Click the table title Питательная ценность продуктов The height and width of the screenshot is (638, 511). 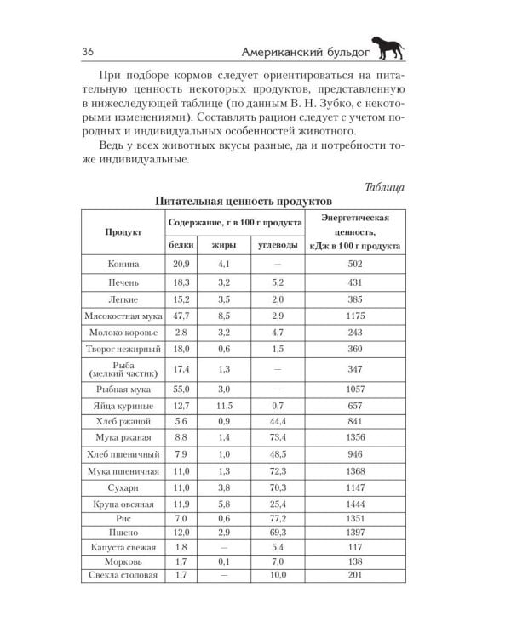click(x=242, y=202)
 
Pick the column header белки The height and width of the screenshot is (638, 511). click(x=181, y=245)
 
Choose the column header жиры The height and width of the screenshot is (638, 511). click(x=224, y=245)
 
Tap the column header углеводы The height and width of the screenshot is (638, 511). click(x=277, y=245)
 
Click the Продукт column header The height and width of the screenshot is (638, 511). click(x=123, y=231)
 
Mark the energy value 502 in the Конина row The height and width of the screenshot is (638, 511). click(x=355, y=265)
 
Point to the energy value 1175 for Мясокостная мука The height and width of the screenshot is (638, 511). click(x=355, y=315)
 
